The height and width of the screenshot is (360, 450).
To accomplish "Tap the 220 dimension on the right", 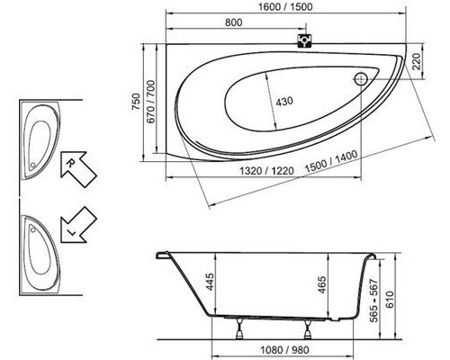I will pyautogui.click(x=416, y=61).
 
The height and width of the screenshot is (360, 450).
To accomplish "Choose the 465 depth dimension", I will pyautogui.click(x=322, y=287).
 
